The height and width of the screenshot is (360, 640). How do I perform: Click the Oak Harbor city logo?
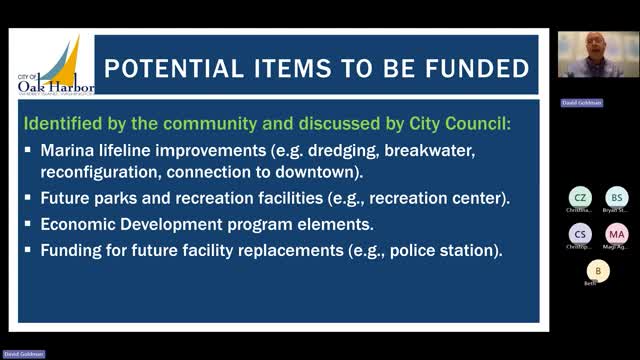coord(56,67)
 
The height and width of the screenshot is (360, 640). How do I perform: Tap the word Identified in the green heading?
coord(63,125)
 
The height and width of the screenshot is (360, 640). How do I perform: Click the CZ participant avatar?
coord(580,197)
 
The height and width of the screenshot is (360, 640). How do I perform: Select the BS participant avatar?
coord(617,197)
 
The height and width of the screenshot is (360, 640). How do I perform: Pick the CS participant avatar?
coord(580,234)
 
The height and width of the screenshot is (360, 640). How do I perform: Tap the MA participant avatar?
coord(617,234)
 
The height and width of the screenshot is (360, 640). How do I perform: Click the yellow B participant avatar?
coord(598,270)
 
